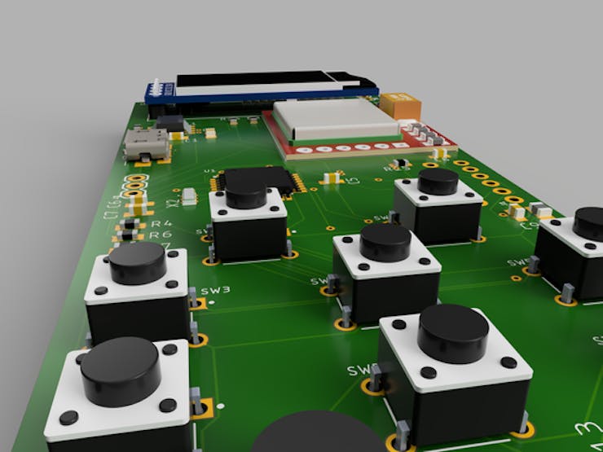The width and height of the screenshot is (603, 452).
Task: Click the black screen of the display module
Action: (261, 81)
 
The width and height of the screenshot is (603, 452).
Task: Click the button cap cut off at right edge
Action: (589, 223)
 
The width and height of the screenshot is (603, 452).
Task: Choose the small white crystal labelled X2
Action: (190, 195)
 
